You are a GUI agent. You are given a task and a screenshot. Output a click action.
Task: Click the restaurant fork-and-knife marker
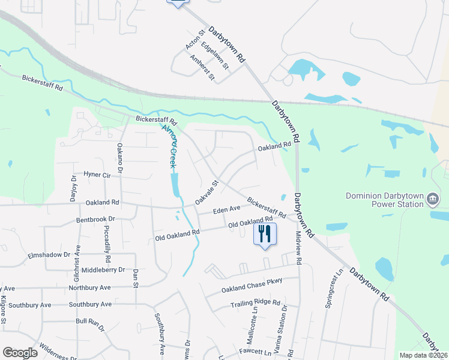click(265, 233)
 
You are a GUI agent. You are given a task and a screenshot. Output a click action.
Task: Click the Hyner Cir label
click(98, 175)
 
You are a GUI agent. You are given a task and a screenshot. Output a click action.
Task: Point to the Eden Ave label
click(227, 209)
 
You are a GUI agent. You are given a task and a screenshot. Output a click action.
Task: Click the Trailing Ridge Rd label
click(255, 304)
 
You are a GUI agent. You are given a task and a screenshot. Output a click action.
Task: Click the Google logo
click(20, 353)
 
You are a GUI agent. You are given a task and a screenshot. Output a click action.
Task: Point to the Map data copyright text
click(423, 355)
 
